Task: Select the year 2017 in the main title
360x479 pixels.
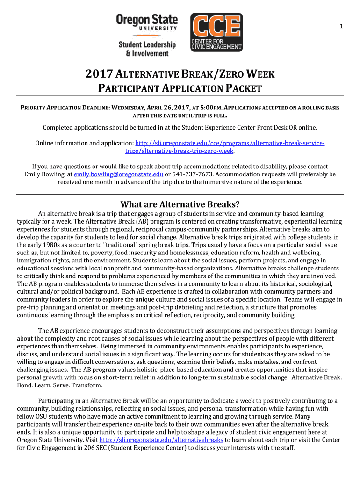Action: (99, 74)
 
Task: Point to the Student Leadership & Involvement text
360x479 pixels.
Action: (147, 49)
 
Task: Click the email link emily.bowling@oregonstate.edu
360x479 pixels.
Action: (118, 174)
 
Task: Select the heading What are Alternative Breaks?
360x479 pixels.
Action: (180, 204)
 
